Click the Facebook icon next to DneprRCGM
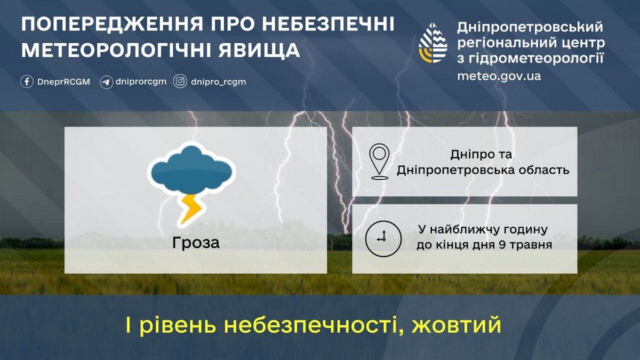point(27,82)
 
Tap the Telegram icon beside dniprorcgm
point(106,82)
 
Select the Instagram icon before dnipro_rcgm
point(180,82)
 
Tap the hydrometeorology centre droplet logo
point(433,43)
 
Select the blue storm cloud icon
point(190,169)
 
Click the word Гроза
point(196,243)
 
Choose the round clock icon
point(383,238)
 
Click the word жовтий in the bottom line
point(457,324)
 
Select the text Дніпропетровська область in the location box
point(483,171)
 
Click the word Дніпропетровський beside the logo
point(530,27)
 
